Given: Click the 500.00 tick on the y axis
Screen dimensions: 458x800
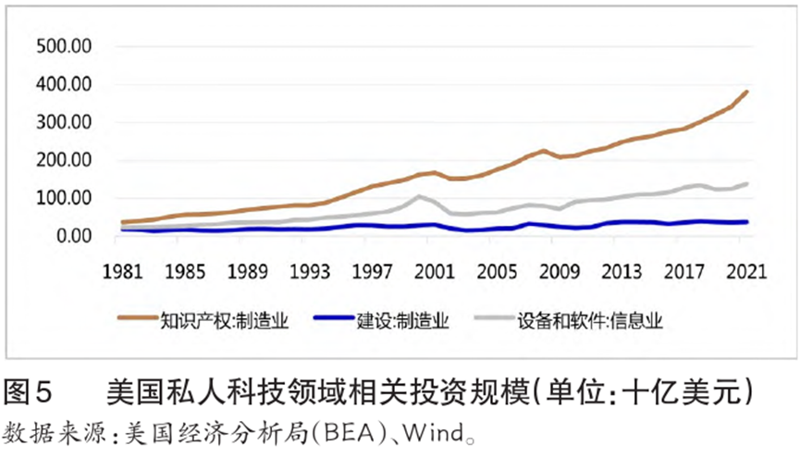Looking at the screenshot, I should [63, 46].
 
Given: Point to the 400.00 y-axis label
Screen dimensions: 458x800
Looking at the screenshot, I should [63, 84].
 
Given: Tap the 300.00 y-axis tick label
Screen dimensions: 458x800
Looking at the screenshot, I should [63, 122].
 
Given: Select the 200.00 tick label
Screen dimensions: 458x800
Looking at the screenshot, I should [63, 160].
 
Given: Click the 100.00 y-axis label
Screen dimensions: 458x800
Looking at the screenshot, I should [63, 198].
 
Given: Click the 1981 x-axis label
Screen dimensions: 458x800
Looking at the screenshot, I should [121, 273].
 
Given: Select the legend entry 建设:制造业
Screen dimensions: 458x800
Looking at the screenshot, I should [402, 321].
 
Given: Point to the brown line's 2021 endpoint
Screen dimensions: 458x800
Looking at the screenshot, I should [747, 92].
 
